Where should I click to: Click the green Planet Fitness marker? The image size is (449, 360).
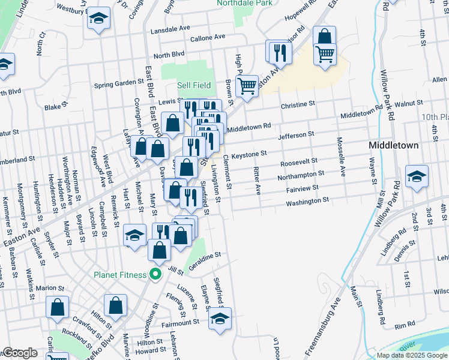[x=155, y=275]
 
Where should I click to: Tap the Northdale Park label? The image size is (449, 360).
[x=247, y=2]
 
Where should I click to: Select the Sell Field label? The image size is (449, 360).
[x=193, y=86]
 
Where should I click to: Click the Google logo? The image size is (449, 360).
[x=20, y=353]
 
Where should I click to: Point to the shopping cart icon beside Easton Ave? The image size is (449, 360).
[x=247, y=86]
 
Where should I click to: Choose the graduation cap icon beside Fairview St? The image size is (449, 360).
[x=417, y=176]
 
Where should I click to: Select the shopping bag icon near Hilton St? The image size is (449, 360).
[x=115, y=306]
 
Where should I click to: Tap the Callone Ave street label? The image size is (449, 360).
[x=207, y=37]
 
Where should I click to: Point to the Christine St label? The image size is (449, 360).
[x=298, y=104]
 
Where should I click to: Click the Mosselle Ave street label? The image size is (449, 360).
[x=340, y=155]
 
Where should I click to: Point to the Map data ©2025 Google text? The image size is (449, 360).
[x=411, y=355]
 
